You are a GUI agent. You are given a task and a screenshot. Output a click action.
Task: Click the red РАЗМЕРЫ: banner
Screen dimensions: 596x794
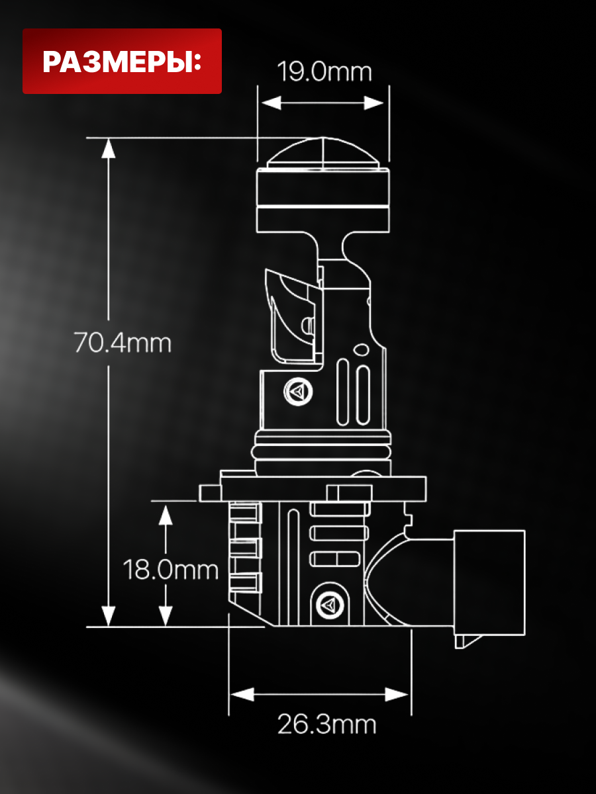[x=122, y=61]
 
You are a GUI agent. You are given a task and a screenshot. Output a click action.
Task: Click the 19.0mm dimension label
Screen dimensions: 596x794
[x=324, y=72]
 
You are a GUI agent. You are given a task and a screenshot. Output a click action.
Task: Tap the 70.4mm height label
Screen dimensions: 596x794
[x=123, y=343]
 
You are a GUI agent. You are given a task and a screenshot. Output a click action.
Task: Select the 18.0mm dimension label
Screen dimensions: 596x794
[x=170, y=570]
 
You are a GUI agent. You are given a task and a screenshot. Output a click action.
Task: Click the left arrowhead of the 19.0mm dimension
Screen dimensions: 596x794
[x=271, y=103]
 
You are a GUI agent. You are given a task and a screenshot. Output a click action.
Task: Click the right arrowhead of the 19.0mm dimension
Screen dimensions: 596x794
[x=373, y=103]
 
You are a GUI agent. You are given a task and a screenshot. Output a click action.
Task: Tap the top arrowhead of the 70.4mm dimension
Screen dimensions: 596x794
[x=108, y=149]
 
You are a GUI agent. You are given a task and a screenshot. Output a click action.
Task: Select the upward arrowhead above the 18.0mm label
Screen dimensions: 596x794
[x=166, y=515]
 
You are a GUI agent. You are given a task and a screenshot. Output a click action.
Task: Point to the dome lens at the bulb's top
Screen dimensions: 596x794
[x=323, y=153]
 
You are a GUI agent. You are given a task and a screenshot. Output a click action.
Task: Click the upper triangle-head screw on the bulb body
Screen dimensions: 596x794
[x=298, y=392]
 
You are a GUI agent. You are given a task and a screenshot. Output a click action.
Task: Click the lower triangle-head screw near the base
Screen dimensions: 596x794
[x=330, y=604]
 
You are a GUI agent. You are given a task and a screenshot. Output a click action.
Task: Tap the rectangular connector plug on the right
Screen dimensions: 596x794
[x=489, y=583]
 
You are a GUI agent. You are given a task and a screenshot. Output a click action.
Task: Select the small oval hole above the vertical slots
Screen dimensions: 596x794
[x=361, y=350]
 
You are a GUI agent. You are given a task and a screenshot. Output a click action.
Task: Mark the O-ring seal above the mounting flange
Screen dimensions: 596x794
[x=321, y=452]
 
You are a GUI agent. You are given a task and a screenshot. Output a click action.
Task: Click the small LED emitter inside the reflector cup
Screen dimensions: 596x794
[x=309, y=325]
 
